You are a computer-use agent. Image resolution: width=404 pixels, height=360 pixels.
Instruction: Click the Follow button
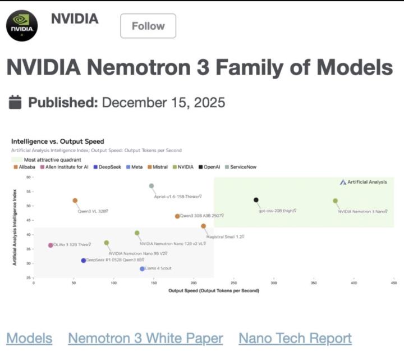coord(148,26)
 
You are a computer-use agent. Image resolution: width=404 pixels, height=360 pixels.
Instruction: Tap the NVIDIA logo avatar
coord(22,25)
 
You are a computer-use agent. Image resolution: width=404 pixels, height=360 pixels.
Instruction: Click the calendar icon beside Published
coord(16,102)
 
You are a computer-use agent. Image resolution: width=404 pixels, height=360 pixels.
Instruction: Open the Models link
coord(29,338)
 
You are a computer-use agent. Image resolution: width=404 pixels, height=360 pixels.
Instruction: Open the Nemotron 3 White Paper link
coord(145,338)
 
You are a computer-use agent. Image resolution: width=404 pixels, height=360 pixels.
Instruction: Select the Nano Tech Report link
coord(295,338)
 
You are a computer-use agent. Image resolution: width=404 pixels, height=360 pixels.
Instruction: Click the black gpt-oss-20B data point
coord(256,200)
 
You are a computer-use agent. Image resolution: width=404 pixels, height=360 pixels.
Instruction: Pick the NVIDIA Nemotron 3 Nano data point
coord(335,200)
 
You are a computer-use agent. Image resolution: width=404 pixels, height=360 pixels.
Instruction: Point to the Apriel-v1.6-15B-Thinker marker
coord(151,186)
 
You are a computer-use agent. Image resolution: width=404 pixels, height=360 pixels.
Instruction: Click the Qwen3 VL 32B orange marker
coord(75,200)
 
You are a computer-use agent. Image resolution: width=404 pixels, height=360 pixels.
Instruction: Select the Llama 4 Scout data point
coord(143,269)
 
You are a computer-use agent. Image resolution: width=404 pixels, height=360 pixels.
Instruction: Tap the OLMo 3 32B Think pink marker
coord(50,245)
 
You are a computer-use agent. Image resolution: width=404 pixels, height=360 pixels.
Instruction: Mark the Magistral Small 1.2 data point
coord(203,226)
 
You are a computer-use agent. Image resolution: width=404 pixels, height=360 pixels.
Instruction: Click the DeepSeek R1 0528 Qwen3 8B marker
coord(84,261)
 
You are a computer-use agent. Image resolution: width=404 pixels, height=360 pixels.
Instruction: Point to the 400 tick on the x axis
coord(353,282)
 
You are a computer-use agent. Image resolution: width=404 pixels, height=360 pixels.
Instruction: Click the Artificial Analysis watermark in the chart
coord(363,182)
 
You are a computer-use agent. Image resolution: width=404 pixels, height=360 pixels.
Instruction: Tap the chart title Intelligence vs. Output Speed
coord(58,142)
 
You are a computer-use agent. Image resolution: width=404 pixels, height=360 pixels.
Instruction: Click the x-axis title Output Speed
coord(214,290)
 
